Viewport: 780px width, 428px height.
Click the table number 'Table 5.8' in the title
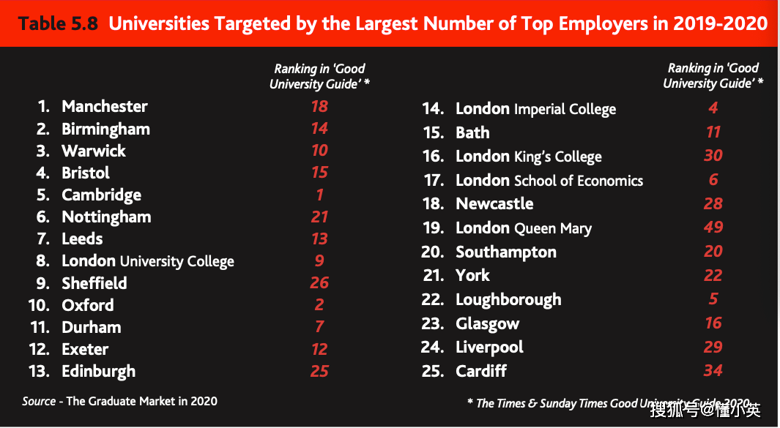pos(58,24)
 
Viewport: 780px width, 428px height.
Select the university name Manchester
pos(105,107)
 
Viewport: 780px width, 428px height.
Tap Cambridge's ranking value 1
pos(319,195)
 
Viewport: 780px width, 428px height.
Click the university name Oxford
pos(88,305)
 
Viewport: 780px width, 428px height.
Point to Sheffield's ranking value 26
pos(319,283)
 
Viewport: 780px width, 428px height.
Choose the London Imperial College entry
pos(535,109)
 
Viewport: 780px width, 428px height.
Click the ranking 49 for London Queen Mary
pos(713,228)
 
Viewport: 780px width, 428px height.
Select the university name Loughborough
pos(508,300)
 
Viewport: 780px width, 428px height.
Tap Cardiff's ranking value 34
pos(713,370)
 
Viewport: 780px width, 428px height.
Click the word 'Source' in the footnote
pos(39,401)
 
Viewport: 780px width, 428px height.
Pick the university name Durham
pos(92,327)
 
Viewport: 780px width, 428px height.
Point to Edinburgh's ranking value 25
pos(319,371)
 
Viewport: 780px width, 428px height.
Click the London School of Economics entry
pos(549,181)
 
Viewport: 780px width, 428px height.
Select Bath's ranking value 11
pos(713,132)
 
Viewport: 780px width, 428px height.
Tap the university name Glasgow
pos(487,323)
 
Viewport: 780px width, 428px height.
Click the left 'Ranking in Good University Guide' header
pos(319,76)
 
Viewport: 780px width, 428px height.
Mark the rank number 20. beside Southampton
pos(432,252)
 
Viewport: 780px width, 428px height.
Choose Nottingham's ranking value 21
pos(319,217)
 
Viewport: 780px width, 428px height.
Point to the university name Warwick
pos(94,151)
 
